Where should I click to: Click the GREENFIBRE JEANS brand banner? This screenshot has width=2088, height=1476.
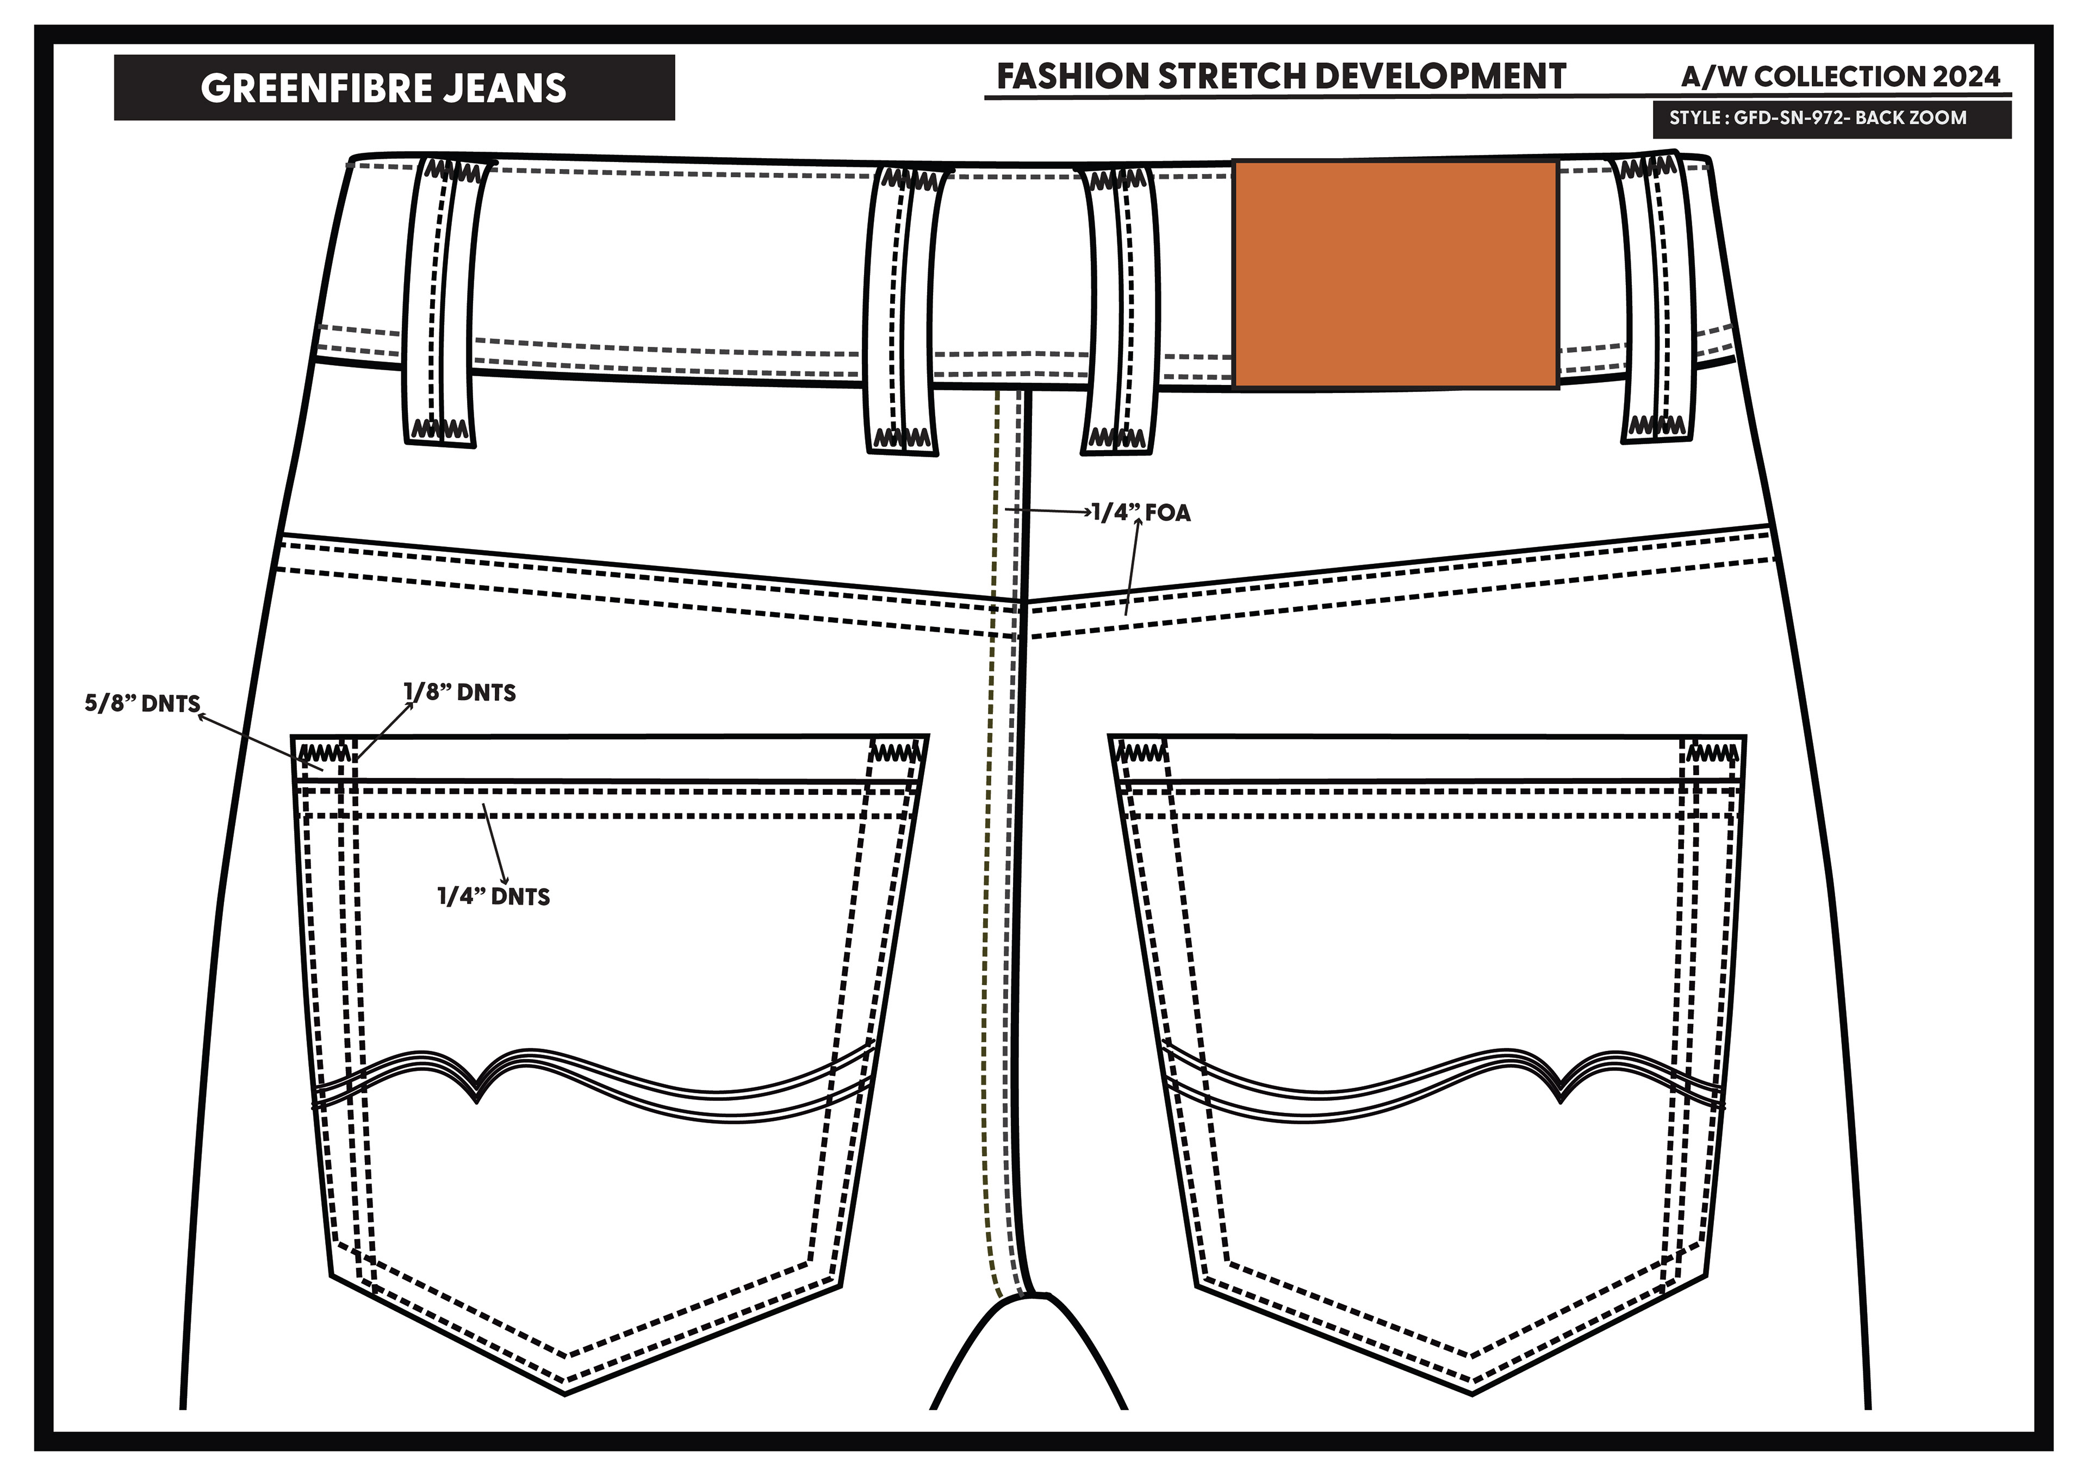click(x=393, y=88)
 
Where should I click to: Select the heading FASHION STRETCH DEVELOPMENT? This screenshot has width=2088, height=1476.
click(x=1281, y=77)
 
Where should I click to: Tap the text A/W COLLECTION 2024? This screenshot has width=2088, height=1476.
click(x=1840, y=77)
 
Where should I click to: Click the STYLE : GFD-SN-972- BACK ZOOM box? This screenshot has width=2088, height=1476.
click(x=1831, y=118)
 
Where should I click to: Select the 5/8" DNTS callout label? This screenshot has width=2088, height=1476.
click(x=142, y=704)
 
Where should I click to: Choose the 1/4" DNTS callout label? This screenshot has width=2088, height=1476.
click(x=494, y=896)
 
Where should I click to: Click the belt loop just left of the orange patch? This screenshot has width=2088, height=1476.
click(x=1118, y=309)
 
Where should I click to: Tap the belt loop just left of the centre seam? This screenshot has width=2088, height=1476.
click(x=903, y=309)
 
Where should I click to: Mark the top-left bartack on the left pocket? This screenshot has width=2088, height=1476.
click(x=323, y=754)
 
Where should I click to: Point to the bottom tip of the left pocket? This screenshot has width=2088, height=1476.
click(x=565, y=1392)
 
